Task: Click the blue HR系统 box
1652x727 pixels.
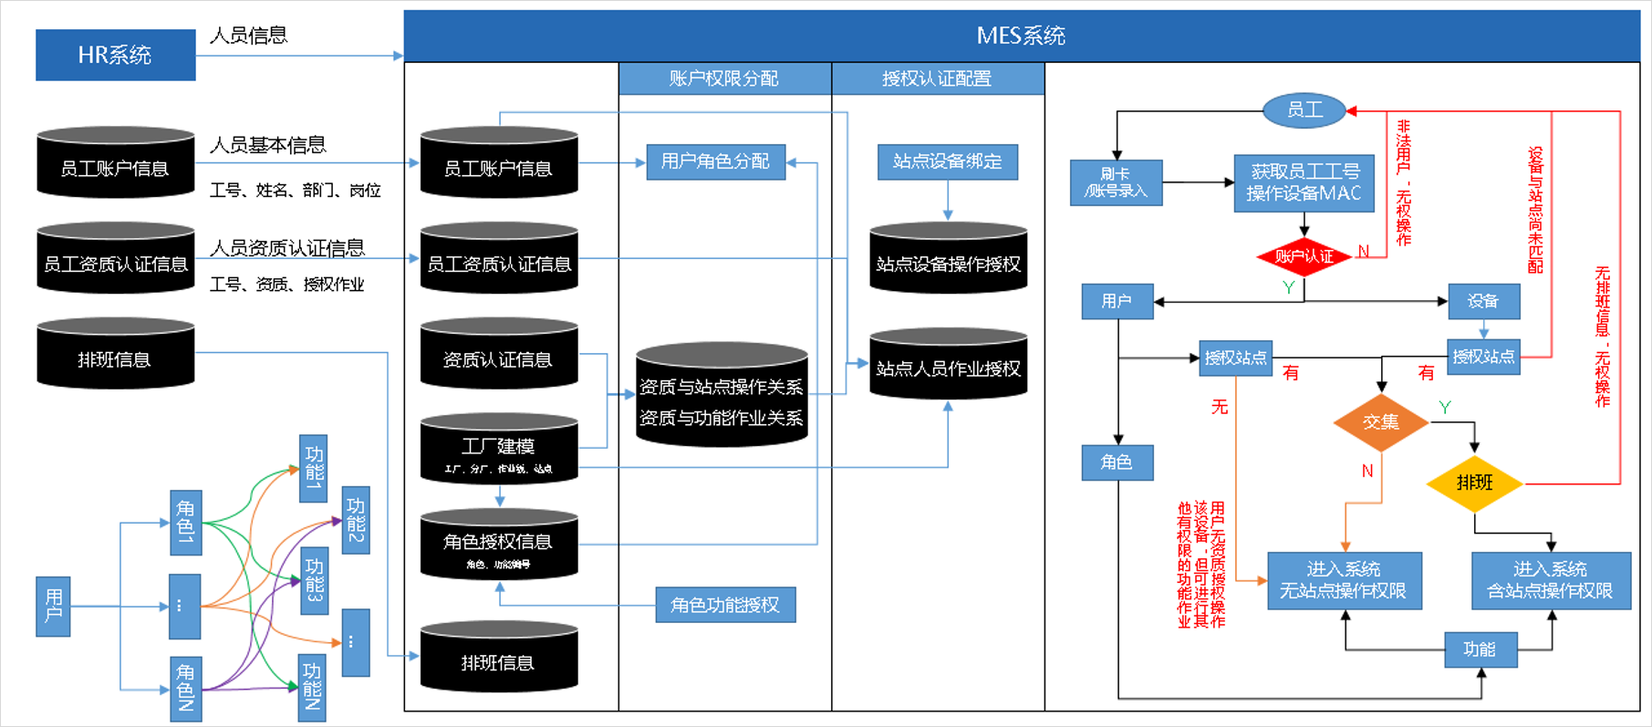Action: pos(115,55)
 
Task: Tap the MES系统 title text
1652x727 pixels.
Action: pos(1021,36)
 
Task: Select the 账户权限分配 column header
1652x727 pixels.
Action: pos(724,78)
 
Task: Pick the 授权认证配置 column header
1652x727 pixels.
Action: pos(937,78)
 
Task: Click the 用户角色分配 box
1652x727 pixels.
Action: pos(715,161)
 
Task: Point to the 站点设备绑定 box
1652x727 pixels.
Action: pos(947,161)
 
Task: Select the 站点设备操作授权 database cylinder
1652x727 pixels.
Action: pos(948,259)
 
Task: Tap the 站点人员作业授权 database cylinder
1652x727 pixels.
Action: pos(948,365)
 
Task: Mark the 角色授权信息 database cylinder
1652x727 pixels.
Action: pos(498,545)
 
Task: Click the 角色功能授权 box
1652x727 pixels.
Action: pos(725,605)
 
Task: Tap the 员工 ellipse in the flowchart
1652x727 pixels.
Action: pos(1304,110)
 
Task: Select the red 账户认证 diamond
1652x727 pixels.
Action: pos(1304,256)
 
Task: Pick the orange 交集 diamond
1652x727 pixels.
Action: pos(1380,421)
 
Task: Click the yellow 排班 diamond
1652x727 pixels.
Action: pos(1474,483)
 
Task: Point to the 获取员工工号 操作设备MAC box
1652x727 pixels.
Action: pos(1304,182)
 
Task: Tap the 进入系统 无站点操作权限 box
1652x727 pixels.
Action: pos(1344,580)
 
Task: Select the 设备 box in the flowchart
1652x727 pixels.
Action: pos(1483,301)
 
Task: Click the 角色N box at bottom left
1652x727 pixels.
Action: pos(186,688)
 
